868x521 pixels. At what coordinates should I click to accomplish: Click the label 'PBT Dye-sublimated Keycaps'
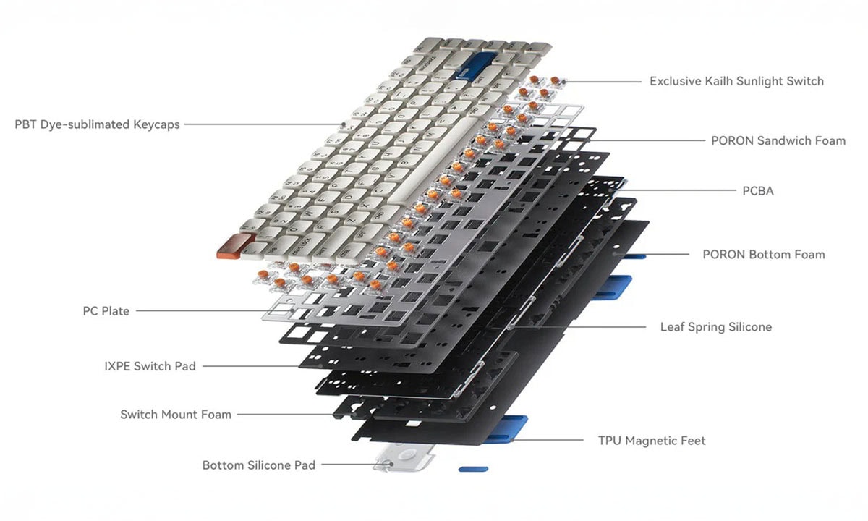pos(97,124)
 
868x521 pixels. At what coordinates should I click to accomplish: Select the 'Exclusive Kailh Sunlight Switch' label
pos(736,81)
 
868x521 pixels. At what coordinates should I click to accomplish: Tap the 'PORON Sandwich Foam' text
pos(778,140)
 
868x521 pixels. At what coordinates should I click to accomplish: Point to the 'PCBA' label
pos(758,191)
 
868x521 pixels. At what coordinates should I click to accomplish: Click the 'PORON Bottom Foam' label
pos(764,254)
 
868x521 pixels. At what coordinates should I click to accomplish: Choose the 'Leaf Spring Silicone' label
pos(716,327)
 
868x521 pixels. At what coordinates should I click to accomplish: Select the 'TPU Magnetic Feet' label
pos(652,441)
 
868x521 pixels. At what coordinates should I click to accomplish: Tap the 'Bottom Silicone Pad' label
pos(259,465)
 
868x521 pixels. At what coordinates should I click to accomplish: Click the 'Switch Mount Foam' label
pos(176,415)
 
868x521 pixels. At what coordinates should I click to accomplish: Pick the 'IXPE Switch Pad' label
pos(150,366)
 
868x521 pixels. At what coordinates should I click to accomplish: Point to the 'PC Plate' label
pos(106,311)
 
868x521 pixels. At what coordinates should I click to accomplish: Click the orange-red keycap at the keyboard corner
pos(234,246)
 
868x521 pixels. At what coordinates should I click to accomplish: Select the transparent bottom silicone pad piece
pos(403,457)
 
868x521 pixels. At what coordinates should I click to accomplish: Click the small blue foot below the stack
pos(473,469)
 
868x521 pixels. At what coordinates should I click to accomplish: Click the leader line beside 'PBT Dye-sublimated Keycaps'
pos(264,124)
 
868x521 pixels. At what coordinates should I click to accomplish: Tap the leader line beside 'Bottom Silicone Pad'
pos(357,465)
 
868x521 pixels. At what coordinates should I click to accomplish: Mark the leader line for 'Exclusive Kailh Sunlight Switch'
pos(603,81)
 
